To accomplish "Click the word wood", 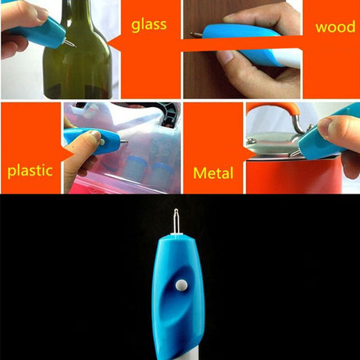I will tap(336, 27).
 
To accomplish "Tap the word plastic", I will tap(30, 169).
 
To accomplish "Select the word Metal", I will tap(212, 172).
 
